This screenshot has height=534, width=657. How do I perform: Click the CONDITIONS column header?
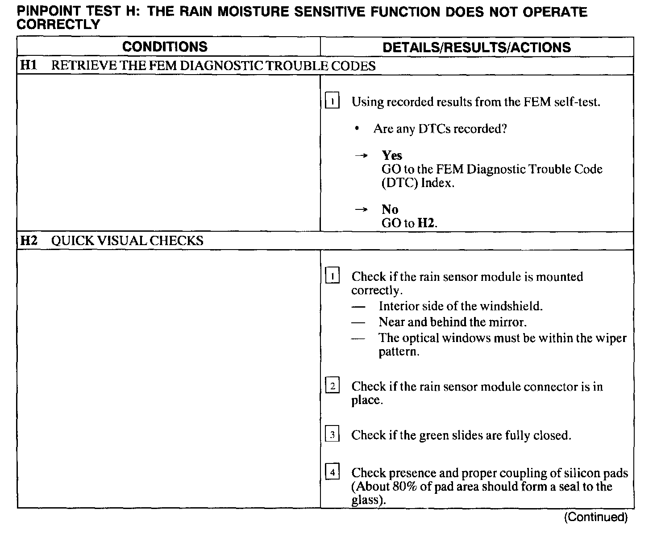[165, 47]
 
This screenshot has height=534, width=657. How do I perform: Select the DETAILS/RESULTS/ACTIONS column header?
[477, 47]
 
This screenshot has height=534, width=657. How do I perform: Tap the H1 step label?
[29, 66]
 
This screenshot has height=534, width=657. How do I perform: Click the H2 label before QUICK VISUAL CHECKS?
[29, 241]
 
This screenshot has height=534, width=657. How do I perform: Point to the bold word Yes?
[392, 155]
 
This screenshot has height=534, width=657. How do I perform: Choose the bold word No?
[390, 209]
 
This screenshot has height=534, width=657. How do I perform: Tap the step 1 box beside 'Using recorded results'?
[333, 101]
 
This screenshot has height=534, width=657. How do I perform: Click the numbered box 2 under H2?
[333, 385]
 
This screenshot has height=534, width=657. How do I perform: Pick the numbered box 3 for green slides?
[333, 434]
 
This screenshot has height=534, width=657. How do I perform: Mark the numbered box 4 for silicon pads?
[333, 472]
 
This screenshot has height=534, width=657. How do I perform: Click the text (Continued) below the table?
[595, 517]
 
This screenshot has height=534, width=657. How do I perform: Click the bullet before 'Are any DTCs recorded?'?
[357, 129]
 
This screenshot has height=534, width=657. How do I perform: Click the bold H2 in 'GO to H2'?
[426, 223]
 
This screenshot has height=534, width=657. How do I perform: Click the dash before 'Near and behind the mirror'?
[358, 322]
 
